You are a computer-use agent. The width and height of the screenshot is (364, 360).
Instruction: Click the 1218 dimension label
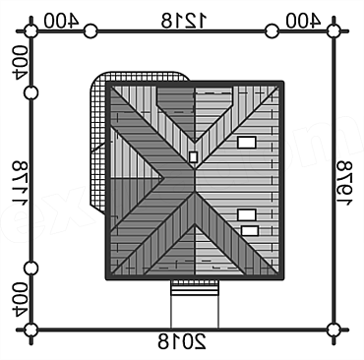[x=184, y=21]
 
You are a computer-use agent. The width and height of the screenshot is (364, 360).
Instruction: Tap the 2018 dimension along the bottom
[x=182, y=341]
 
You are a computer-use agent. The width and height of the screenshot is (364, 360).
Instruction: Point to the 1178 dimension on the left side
[x=20, y=184]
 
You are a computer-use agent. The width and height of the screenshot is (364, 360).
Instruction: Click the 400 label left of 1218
[x=61, y=21]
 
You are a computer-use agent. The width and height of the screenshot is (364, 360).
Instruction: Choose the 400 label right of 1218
[x=303, y=21]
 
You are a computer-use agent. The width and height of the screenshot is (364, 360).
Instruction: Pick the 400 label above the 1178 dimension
[x=20, y=62]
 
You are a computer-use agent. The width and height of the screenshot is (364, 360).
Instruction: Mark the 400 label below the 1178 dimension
[x=20, y=299]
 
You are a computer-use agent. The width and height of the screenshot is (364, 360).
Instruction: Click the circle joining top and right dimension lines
[x=334, y=31]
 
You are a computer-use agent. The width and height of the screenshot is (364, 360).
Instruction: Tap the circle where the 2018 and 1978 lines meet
[x=334, y=330]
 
